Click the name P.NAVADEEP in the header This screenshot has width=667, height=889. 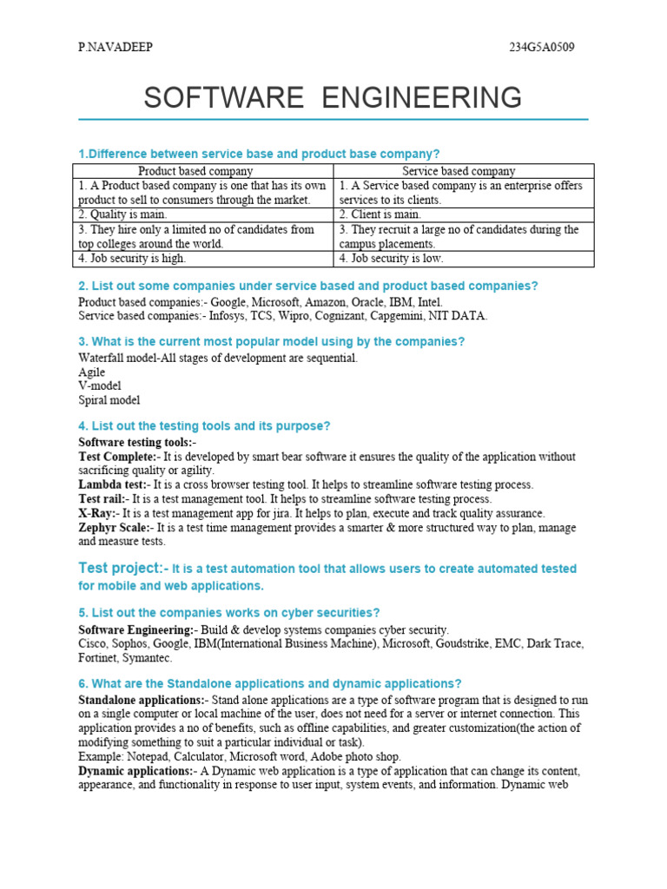coord(116,47)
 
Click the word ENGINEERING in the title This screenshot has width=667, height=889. coord(422,97)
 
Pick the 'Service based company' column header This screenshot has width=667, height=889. coord(459,171)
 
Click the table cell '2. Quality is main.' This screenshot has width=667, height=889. coord(122,214)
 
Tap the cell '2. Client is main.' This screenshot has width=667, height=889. coord(380,214)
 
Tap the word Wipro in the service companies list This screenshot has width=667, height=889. coord(287,315)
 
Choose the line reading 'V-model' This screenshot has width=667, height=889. coord(100,385)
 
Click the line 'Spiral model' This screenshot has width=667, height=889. coord(109,400)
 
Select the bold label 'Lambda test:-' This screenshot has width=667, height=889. coord(114,484)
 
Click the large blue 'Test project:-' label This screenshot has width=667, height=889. coord(122,568)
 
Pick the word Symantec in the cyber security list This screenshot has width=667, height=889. coord(149,658)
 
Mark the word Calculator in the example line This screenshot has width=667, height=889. coord(200,757)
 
